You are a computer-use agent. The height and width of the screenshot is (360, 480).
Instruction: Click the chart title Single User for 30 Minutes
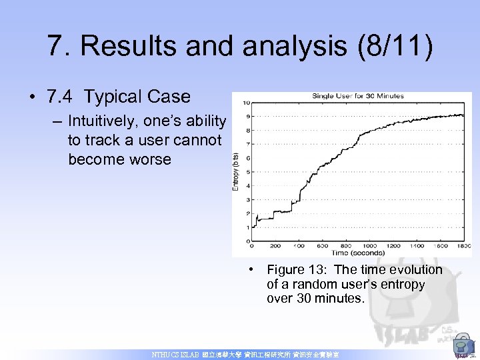357,96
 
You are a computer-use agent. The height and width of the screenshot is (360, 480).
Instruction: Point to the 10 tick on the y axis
247,103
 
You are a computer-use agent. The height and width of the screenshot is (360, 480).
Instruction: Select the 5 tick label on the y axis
247,172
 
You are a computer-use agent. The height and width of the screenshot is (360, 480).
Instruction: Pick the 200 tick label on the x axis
275,246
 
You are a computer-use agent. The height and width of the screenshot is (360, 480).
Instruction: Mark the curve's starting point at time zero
253,227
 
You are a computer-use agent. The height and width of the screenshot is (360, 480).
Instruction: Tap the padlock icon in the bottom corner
461,347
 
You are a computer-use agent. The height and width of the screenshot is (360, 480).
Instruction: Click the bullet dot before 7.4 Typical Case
33,97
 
